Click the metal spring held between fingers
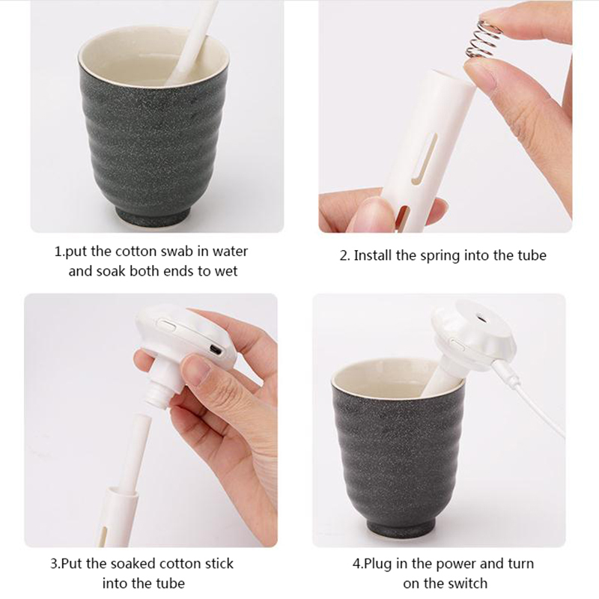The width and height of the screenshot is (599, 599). coord(483,40)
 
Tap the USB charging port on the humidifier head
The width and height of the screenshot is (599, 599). coord(216,349)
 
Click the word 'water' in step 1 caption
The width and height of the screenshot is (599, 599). coord(230,252)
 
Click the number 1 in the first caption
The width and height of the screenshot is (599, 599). coord(58,252)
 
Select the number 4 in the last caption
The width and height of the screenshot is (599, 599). coord(356,564)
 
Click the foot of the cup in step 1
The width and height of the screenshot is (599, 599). coord(153,217)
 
